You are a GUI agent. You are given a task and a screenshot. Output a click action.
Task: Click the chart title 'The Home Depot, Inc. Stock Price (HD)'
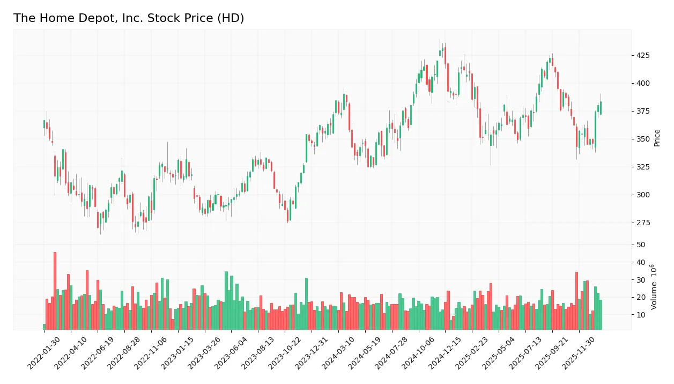coord(129,18)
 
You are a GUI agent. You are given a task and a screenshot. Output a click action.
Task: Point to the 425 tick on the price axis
coord(643,55)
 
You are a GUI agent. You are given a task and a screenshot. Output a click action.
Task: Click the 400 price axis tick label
coord(643,83)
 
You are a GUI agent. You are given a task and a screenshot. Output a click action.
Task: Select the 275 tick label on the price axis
coord(643,223)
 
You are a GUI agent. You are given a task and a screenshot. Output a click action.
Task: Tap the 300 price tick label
coord(643,195)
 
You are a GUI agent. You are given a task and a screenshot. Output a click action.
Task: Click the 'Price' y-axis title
coord(657,138)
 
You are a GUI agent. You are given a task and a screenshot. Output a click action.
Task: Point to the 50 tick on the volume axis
coord(641,245)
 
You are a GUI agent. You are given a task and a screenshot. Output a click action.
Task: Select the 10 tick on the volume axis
coord(641,315)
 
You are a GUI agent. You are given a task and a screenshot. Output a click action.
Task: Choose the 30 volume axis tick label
coord(641,280)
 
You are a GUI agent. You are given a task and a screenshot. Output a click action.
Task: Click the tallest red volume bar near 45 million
coord(55,291)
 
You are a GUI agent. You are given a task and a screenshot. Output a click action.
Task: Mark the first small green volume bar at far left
coord(44,327)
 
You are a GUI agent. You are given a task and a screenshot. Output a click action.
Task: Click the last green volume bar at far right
coord(601,315)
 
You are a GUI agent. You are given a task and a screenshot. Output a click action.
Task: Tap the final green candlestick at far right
coord(601,108)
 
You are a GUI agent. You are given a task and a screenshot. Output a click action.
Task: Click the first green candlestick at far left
coord(44,124)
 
